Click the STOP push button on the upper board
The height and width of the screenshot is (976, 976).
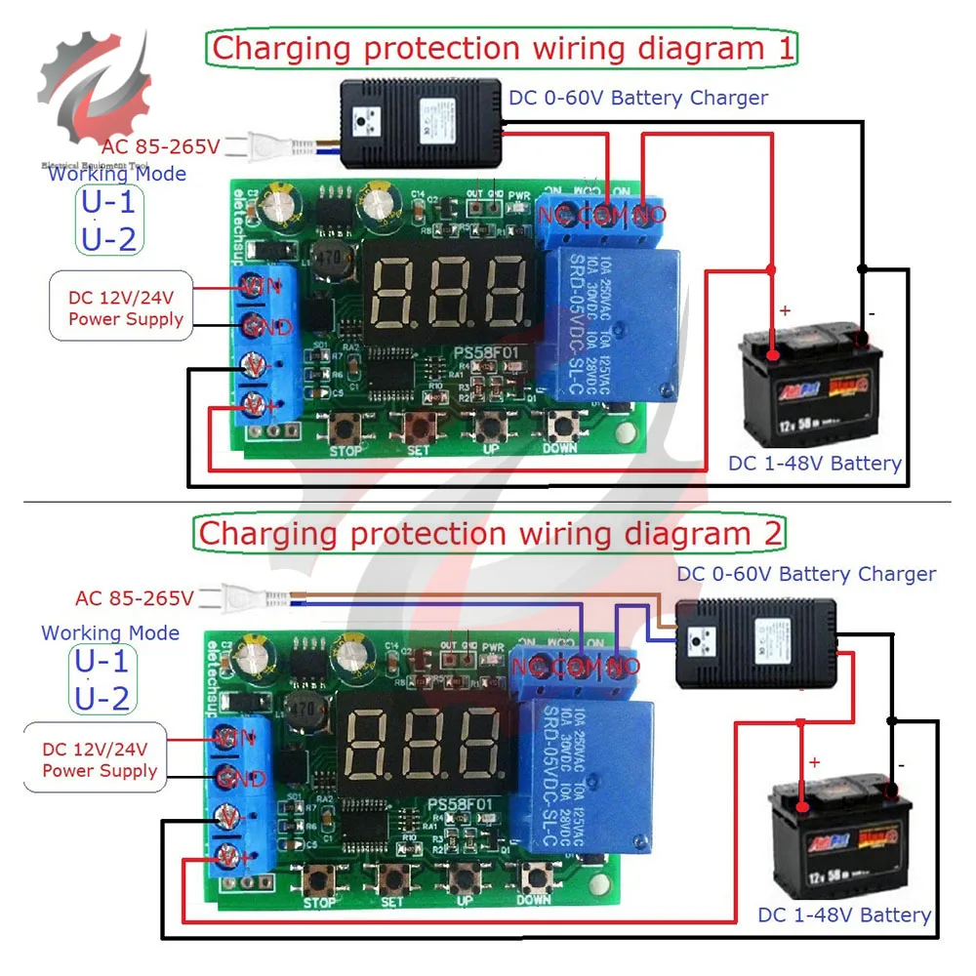(x=346, y=426)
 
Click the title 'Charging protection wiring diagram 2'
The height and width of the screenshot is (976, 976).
(x=491, y=534)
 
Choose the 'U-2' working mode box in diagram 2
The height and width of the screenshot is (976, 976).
(x=102, y=698)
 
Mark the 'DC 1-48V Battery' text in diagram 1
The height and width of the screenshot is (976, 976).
(x=814, y=463)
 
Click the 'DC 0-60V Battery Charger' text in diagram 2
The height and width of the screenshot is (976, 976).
(x=806, y=574)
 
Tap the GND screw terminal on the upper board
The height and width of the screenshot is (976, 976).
(x=256, y=327)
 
